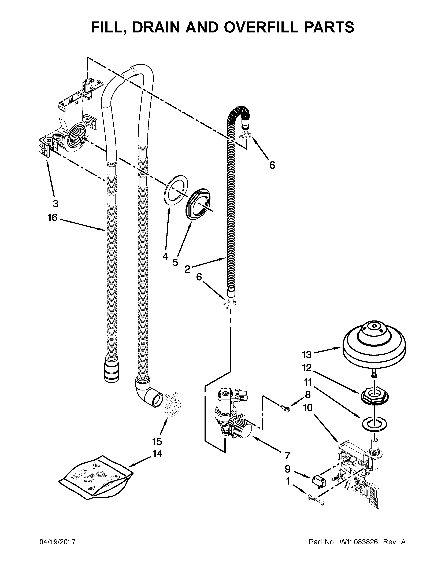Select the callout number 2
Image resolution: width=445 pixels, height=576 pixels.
[x=187, y=269]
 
